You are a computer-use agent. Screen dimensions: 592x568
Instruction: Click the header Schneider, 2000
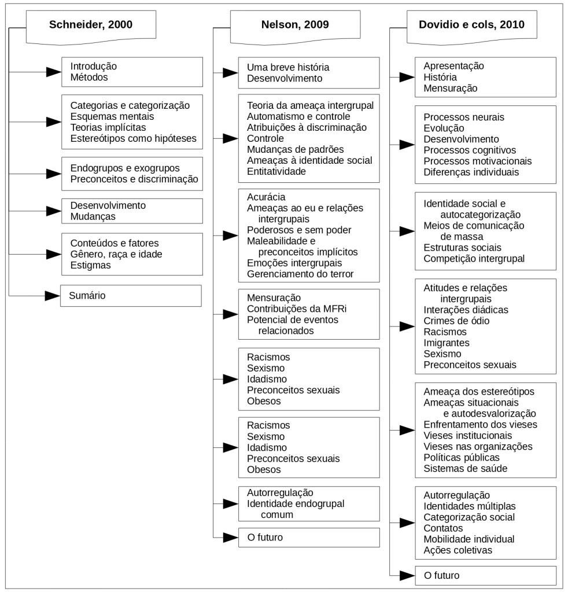tap(90, 25)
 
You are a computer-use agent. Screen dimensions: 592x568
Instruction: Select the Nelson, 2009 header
tap(295, 25)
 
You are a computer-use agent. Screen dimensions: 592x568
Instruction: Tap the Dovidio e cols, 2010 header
tap(471, 25)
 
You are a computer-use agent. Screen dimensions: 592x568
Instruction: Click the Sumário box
tap(131, 296)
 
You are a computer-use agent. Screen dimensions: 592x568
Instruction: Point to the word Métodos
tap(89, 77)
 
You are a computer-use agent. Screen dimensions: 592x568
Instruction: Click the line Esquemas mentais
tap(108, 116)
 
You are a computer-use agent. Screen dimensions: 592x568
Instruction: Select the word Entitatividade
tap(276, 171)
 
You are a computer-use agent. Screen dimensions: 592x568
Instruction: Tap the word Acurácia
tap(266, 197)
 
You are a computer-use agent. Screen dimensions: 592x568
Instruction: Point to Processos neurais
tap(464, 117)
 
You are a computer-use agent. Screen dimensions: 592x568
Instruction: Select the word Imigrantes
tap(447, 343)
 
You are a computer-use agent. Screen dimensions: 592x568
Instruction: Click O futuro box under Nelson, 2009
tap(309, 537)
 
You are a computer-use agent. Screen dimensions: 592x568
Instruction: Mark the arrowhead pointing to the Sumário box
tap(53, 296)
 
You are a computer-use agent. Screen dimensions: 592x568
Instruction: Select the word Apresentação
tap(453, 66)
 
